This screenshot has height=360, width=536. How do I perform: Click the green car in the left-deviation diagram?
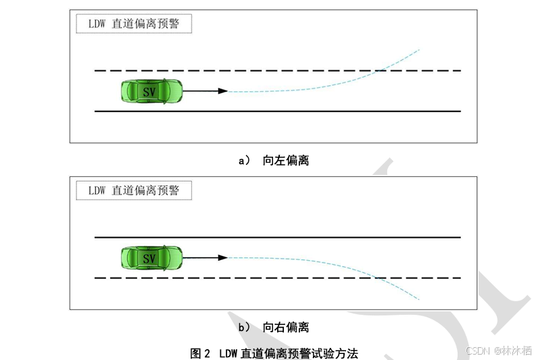151,91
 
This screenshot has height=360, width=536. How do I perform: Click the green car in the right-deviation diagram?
151,257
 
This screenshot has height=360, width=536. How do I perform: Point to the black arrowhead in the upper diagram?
222,91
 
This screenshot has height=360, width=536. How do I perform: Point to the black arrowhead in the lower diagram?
222,257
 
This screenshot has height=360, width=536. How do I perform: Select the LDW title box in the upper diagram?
133,24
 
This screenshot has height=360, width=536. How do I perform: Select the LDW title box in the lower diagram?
133,190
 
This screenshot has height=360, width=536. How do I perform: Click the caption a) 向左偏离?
274,161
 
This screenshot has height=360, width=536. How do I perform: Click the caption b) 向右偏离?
274,328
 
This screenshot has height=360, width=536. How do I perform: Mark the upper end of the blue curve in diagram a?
419,49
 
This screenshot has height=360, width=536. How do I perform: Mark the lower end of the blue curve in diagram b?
419,299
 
